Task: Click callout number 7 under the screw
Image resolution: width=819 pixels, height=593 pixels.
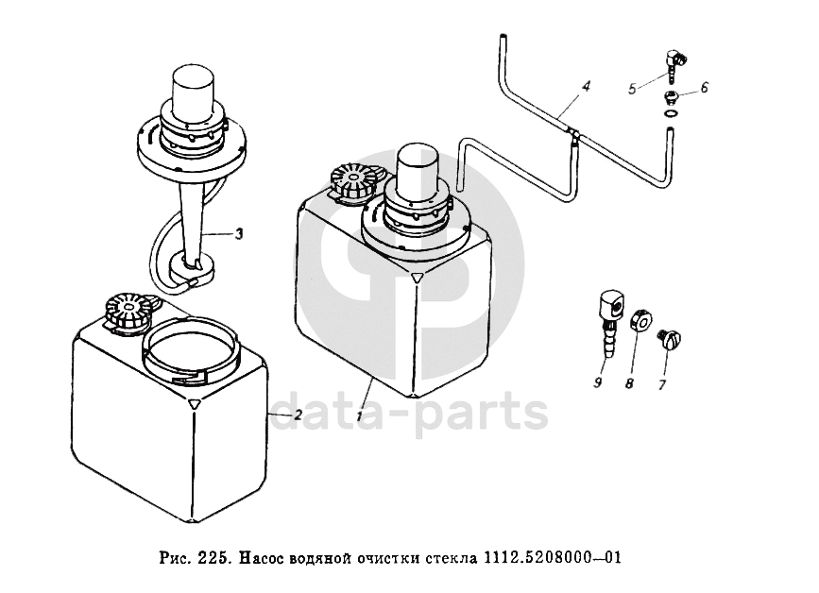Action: (x=662, y=385)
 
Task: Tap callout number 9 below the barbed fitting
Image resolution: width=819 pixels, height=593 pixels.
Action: (x=597, y=382)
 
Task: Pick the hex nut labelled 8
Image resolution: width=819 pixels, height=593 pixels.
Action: (x=640, y=319)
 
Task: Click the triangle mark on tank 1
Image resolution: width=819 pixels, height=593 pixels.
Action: (x=417, y=279)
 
